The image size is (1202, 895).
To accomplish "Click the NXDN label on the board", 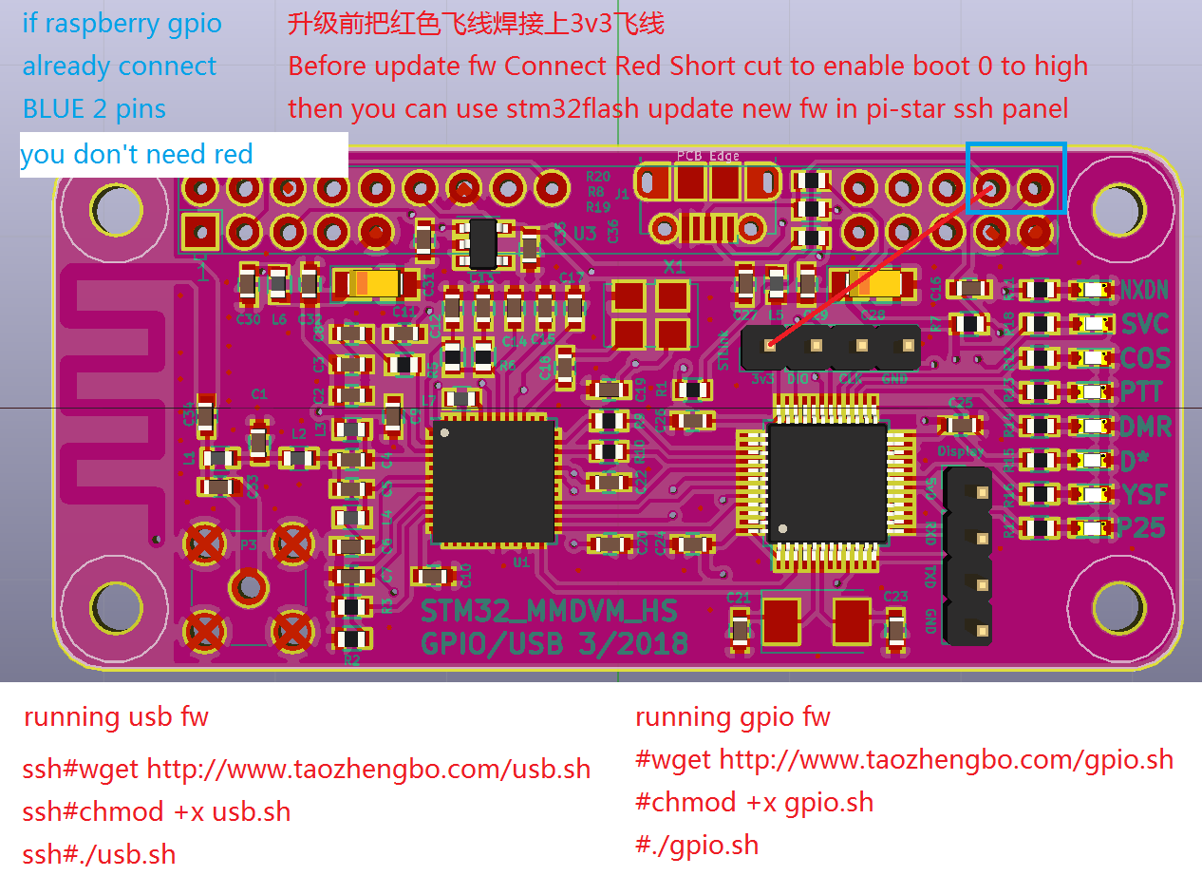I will point(1143,290).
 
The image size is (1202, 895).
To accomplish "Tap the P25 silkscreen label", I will point(1143,528).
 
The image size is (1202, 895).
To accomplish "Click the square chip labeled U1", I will point(493,481).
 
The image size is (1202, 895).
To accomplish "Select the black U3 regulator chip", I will point(482,242).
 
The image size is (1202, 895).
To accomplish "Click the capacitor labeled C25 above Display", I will point(960,425).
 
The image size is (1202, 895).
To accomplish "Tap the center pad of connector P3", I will point(248,586).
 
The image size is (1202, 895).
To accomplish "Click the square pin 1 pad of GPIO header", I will point(200,231).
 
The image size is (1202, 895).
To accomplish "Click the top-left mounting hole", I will point(116,208).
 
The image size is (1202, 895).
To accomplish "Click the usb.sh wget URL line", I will point(306,770).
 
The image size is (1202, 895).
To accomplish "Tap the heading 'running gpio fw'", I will point(732,717).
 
